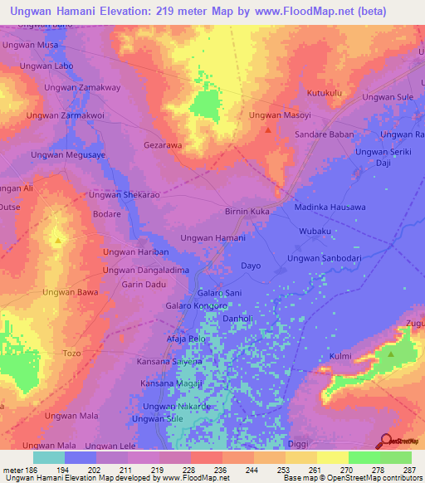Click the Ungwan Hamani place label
pyautogui.click(x=212, y=238)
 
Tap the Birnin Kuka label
pyautogui.click(x=247, y=212)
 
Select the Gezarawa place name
pyautogui.click(x=163, y=145)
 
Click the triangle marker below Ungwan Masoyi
pyautogui.click(x=267, y=129)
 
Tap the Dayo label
pyautogui.click(x=251, y=266)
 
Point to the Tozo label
pyautogui.click(x=72, y=354)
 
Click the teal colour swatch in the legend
pyautogui.click(x=49, y=457)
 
